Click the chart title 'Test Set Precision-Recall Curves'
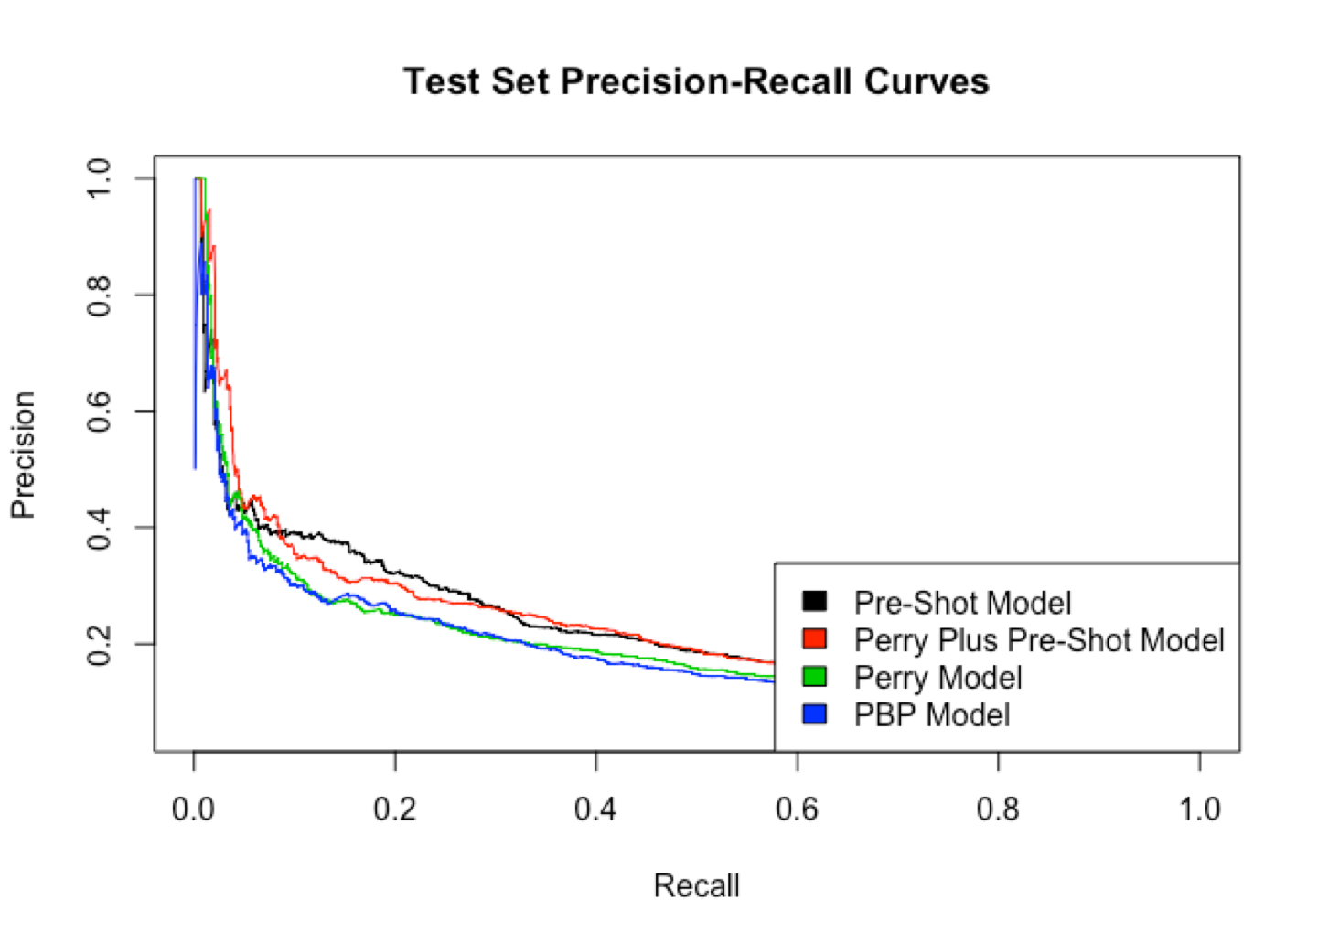click(696, 81)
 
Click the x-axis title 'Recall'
click(696, 885)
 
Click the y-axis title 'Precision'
click(23, 455)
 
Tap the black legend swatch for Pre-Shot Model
click(814, 601)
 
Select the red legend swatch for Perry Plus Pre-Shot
click(814, 638)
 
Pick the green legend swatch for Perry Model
click(814, 676)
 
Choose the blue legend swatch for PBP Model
click(814, 713)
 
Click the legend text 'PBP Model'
click(931, 714)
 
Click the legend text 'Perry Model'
click(938, 677)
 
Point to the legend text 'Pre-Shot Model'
click(962, 603)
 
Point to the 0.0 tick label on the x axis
click(193, 809)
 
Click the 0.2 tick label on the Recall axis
click(394, 809)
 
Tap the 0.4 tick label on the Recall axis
click(595, 809)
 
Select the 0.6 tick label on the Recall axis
click(797, 809)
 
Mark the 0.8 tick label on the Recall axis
click(998, 809)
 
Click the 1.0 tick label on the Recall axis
click(1199, 809)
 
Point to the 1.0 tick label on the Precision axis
click(98, 177)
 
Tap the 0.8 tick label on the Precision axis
click(98, 295)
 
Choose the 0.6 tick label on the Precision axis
click(98, 411)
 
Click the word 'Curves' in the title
click(926, 81)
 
